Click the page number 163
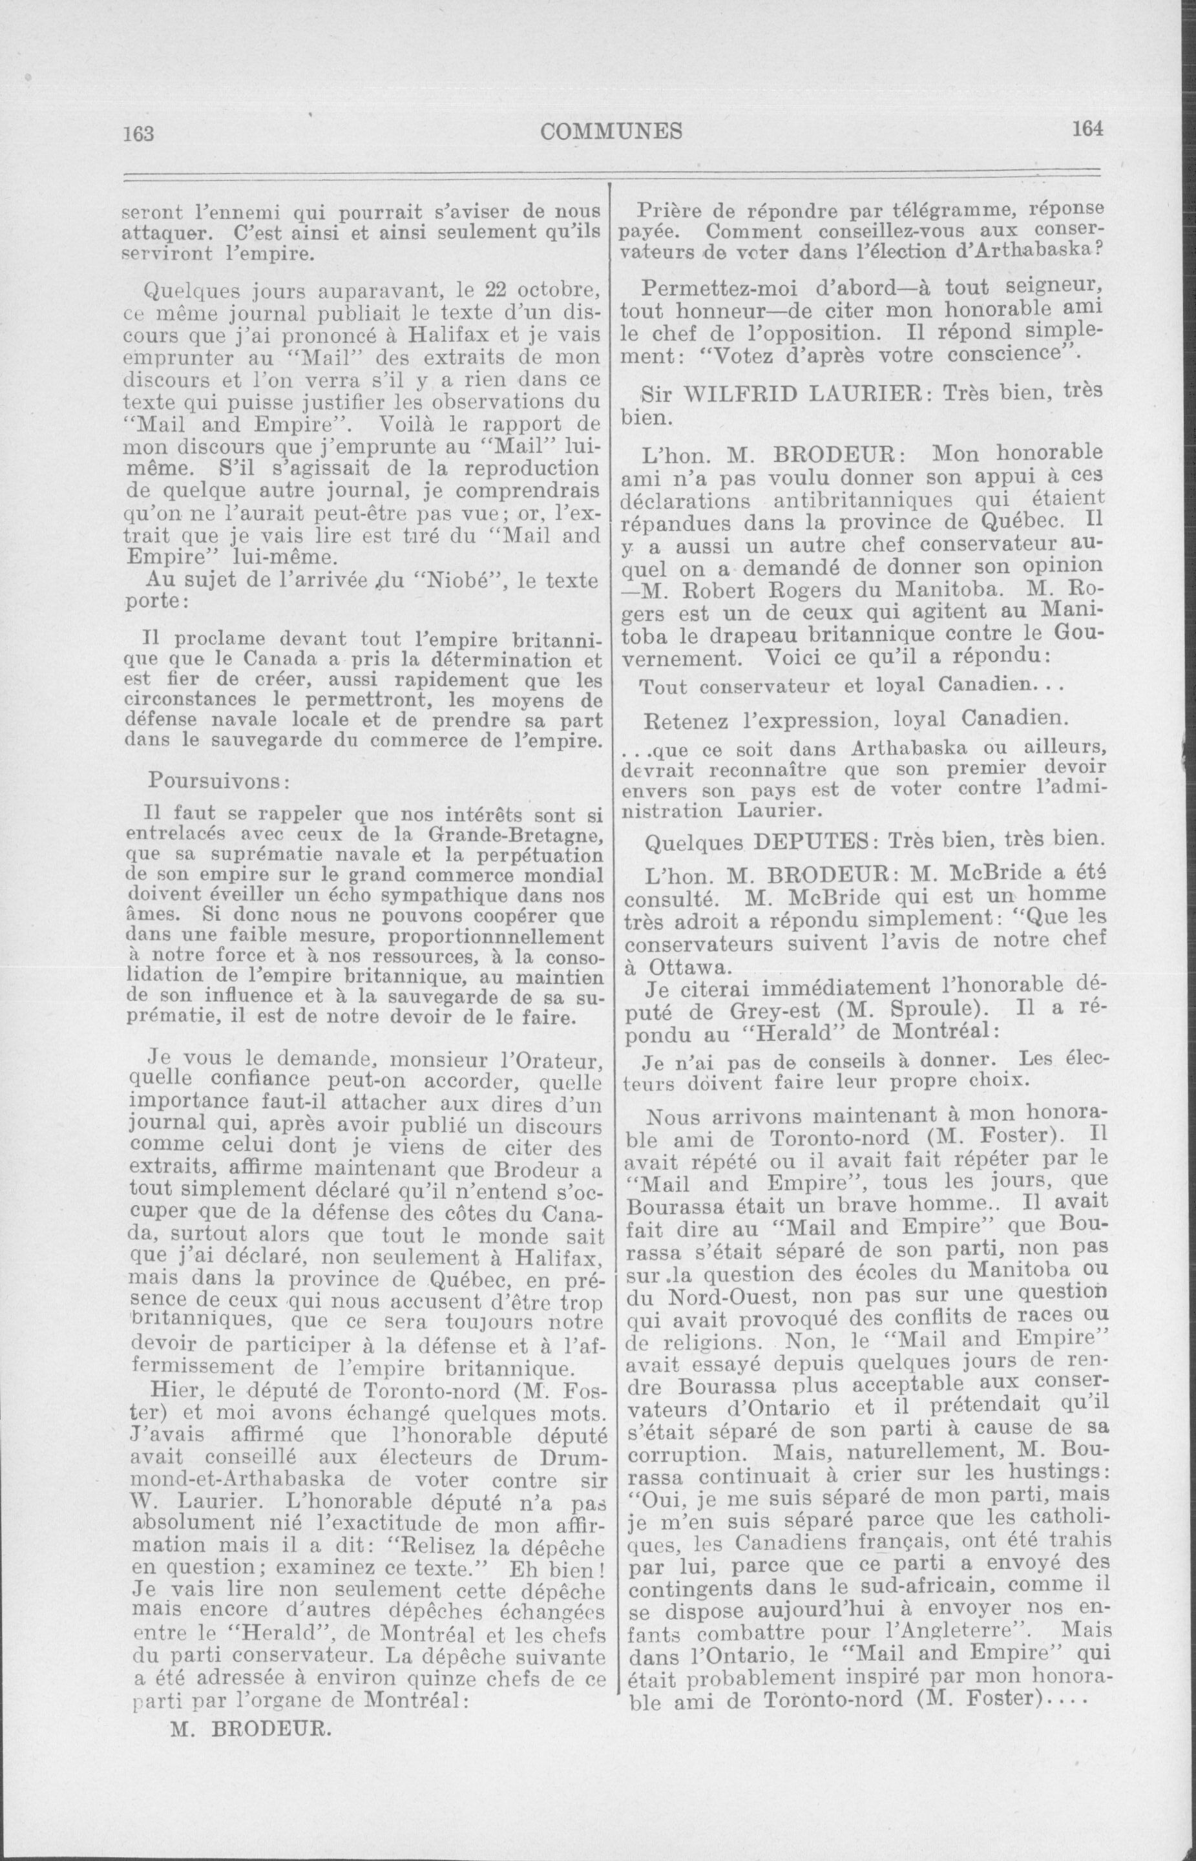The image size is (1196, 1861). tap(139, 133)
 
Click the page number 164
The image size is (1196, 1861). tap(1087, 129)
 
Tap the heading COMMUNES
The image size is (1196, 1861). tap(611, 131)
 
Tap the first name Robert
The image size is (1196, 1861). tap(719, 589)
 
